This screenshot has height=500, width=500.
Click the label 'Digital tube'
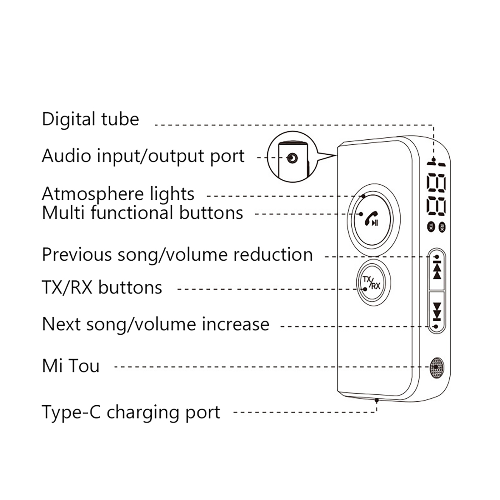click(90, 119)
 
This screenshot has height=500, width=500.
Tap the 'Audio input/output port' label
click(143, 156)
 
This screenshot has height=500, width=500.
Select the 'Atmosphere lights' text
click(118, 194)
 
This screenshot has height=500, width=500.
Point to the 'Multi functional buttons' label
click(142, 213)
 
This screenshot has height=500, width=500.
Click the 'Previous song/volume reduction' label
click(177, 255)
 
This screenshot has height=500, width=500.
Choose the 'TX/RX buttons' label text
click(102, 287)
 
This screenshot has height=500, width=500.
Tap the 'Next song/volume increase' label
click(155, 324)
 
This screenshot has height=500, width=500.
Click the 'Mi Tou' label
click(71, 366)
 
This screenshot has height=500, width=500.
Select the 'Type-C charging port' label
click(131, 412)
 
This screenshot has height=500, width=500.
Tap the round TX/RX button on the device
click(373, 282)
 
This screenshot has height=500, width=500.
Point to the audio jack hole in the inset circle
click(292, 158)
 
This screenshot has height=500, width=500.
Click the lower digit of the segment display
click(436, 207)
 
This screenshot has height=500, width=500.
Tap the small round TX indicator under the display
click(431, 227)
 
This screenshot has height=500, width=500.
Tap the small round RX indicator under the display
click(442, 227)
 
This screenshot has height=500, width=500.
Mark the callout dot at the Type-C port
click(377, 400)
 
